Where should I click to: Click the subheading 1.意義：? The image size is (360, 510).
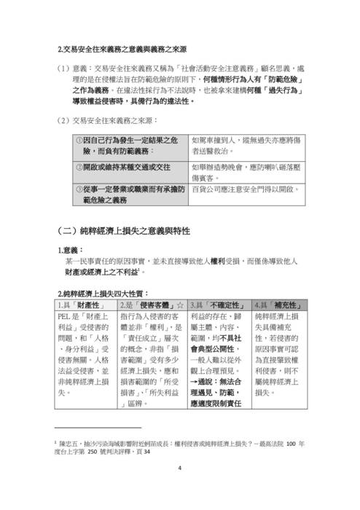[x=73, y=250]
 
